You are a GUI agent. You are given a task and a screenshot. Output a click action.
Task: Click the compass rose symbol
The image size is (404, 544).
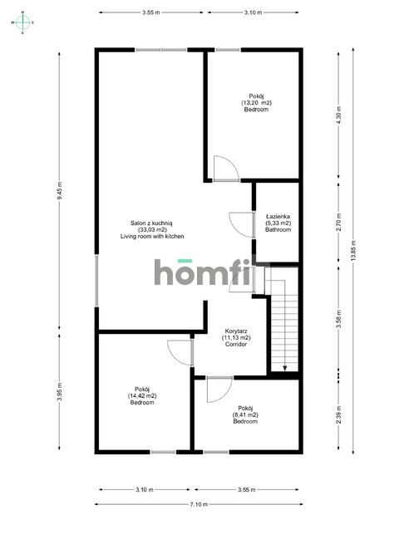pos(22,22)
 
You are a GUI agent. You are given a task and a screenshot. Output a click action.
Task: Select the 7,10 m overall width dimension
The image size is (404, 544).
pos(199,504)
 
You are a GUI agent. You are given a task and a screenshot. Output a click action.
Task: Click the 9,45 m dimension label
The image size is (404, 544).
pos(59,190)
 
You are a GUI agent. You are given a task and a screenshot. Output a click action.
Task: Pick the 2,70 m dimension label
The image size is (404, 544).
pos(339,223)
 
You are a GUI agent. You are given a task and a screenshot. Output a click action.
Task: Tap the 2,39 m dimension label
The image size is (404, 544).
pos(339,414)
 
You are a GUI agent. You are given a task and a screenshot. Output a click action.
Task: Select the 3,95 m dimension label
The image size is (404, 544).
pos(59,392)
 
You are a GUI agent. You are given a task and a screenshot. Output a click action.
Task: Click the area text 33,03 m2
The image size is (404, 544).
pos(152,230)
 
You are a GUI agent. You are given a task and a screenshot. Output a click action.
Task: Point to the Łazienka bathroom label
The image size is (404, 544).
pos(278,217)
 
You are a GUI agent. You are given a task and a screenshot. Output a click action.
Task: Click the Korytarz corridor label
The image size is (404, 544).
pos(236,331)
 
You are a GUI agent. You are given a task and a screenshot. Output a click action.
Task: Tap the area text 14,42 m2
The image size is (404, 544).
pos(142,395)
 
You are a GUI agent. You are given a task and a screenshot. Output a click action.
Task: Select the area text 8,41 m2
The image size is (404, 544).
pos(245,414)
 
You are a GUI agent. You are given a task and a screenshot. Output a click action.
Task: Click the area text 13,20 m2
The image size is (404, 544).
pos(256,103)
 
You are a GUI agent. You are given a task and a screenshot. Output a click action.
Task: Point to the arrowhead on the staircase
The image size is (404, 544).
pos(285,368)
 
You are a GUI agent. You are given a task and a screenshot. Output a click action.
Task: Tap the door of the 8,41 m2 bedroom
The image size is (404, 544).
pos(219,390)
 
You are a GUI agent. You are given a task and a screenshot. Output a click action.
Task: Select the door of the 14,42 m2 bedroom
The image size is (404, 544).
pos(180,353)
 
